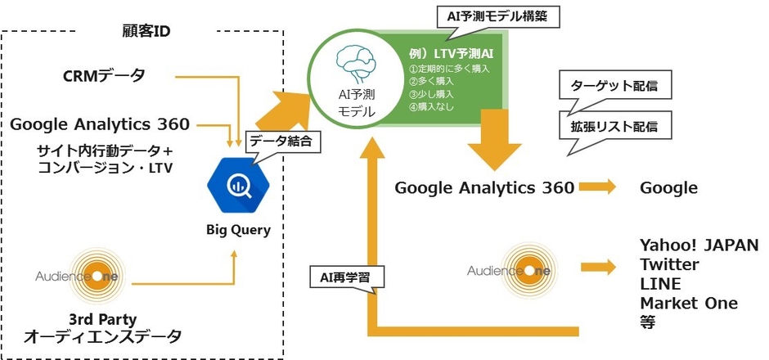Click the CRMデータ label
tap(104, 76)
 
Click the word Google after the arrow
tap(668, 188)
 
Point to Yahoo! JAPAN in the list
tap(699, 245)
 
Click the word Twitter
tap(669, 264)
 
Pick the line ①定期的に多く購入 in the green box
tap(449, 69)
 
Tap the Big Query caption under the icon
tap(237, 230)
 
